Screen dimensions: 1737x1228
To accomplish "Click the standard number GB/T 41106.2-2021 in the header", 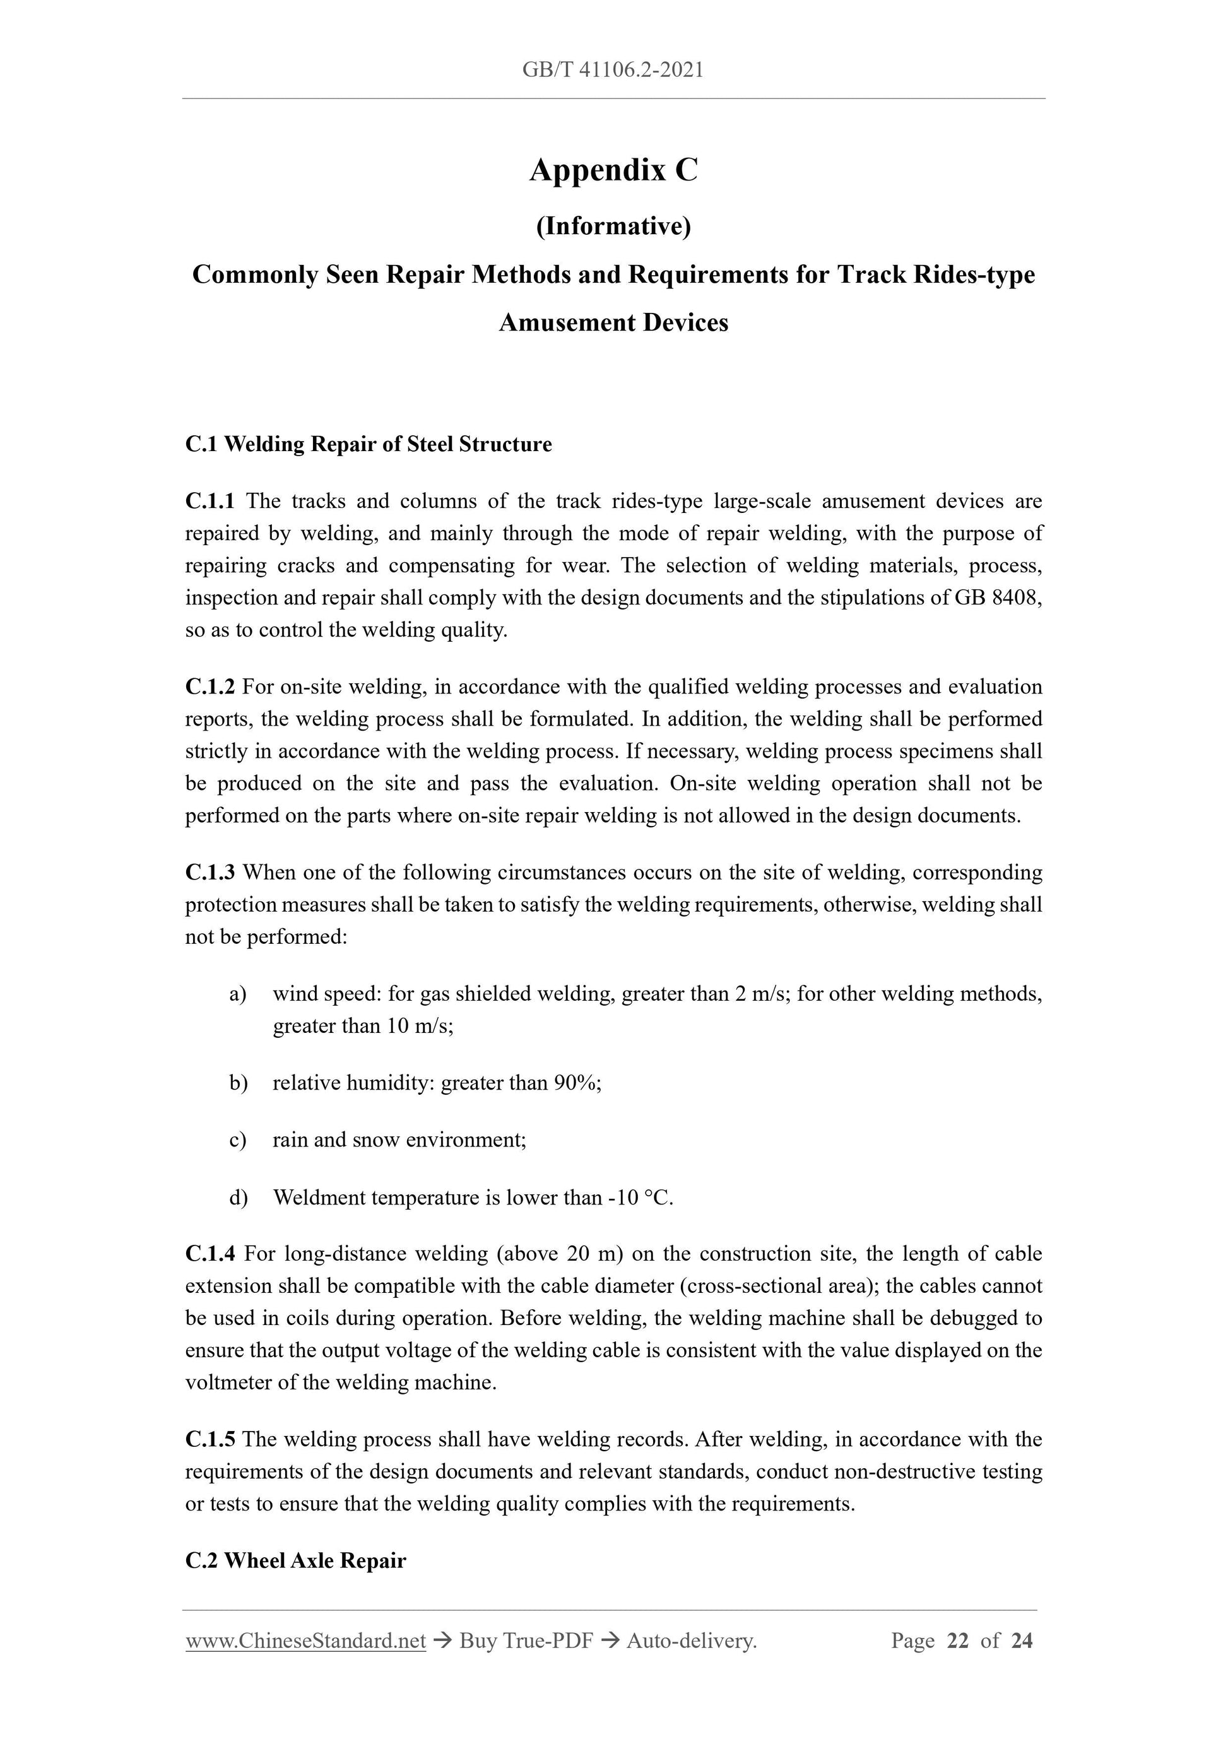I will click(613, 71).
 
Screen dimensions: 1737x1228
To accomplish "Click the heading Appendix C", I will click(613, 170).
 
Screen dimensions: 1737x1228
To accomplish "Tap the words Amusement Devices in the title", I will click(613, 323).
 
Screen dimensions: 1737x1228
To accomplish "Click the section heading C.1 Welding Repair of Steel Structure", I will click(369, 444).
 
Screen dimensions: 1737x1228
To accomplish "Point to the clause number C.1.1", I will click(210, 501).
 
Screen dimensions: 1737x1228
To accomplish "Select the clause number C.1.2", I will click(210, 687).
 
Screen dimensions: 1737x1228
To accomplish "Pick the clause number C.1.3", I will click(210, 872).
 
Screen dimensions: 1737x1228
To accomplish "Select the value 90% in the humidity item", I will click(577, 1083).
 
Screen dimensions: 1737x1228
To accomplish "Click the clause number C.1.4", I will click(210, 1254).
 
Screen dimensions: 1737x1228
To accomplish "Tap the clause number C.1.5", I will click(210, 1440).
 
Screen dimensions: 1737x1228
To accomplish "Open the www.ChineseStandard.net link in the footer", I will click(305, 1641).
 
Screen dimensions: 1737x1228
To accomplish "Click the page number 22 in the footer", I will click(957, 1641).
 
